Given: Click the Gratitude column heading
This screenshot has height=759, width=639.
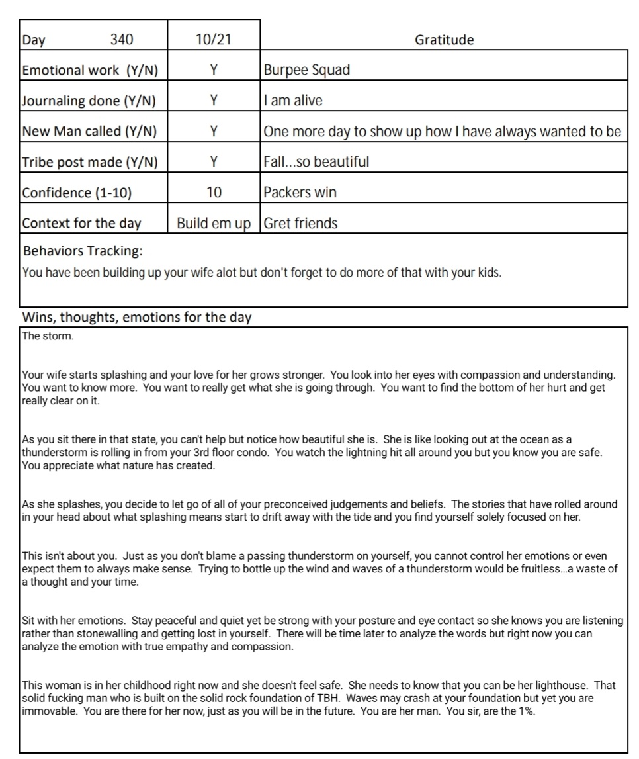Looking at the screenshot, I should tap(444, 40).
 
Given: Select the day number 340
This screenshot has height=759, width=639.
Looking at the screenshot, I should tap(121, 40).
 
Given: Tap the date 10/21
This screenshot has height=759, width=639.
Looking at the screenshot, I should tap(213, 40).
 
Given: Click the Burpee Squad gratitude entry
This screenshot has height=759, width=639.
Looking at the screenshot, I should tap(306, 70).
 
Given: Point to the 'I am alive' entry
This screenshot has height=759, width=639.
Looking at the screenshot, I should tap(293, 101).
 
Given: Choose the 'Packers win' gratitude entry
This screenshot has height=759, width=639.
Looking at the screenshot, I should tap(300, 193).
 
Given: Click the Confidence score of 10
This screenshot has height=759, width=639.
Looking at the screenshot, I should tap(213, 193).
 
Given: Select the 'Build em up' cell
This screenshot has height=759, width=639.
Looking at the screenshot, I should tap(213, 223).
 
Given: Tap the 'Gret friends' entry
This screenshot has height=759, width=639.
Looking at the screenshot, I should tap(300, 223).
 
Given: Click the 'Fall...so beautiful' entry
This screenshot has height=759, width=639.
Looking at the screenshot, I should tap(316, 162).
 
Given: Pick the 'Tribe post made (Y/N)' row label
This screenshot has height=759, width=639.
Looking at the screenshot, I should tap(90, 162).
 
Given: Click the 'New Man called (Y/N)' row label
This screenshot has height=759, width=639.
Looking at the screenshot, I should tap(89, 131).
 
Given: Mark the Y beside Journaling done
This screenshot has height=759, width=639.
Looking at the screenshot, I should tap(213, 101).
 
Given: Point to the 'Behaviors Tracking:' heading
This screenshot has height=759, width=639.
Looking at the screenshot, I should tap(83, 251).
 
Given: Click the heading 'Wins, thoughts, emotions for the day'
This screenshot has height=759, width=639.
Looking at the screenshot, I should tap(137, 317).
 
